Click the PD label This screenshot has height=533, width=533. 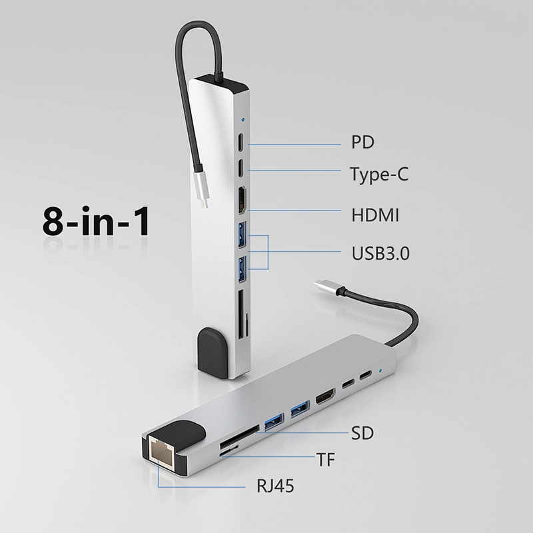coord(362,142)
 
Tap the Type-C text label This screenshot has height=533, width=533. coord(379,174)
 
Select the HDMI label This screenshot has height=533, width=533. coord(375,215)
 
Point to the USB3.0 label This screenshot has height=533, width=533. coord(380,253)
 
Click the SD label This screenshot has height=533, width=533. coord(362,433)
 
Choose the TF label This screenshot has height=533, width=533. coord(326,459)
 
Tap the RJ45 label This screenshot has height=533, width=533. coord(275,486)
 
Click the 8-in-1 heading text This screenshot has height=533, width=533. coord(96,221)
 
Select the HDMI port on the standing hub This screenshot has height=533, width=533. coord(242,201)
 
